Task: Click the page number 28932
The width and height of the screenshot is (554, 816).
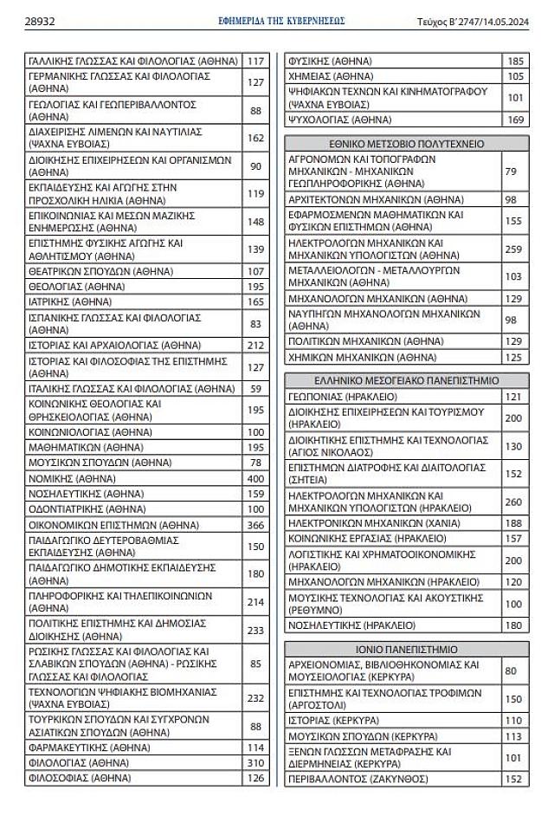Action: click(x=42, y=21)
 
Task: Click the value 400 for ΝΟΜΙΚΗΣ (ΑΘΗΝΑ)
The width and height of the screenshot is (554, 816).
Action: click(x=255, y=477)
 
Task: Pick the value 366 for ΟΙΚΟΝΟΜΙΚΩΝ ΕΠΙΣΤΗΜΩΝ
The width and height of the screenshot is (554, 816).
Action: click(x=255, y=525)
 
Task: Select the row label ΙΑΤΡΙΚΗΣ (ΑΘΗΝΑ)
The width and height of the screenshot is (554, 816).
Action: click(x=65, y=301)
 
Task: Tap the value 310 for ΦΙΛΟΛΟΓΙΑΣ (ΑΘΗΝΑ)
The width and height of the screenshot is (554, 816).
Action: click(x=255, y=762)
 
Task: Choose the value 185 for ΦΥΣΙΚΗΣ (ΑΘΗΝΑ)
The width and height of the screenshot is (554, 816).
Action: click(x=515, y=62)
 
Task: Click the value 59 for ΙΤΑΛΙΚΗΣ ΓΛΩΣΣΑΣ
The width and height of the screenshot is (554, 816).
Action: click(x=255, y=389)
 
